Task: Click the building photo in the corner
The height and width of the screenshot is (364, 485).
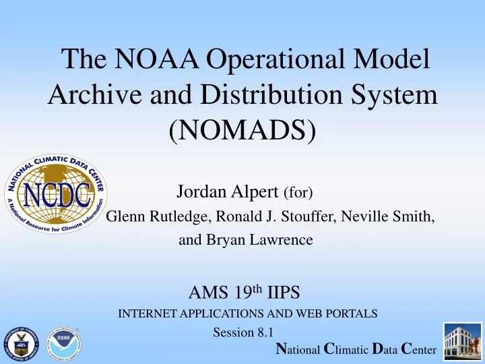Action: [462, 340]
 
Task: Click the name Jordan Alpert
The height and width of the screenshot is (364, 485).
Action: [228, 192]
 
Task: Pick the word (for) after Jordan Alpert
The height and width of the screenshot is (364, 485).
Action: [298, 193]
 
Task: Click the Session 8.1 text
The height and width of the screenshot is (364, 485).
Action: [243, 332]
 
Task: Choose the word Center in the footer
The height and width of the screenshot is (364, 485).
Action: [418, 349]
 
